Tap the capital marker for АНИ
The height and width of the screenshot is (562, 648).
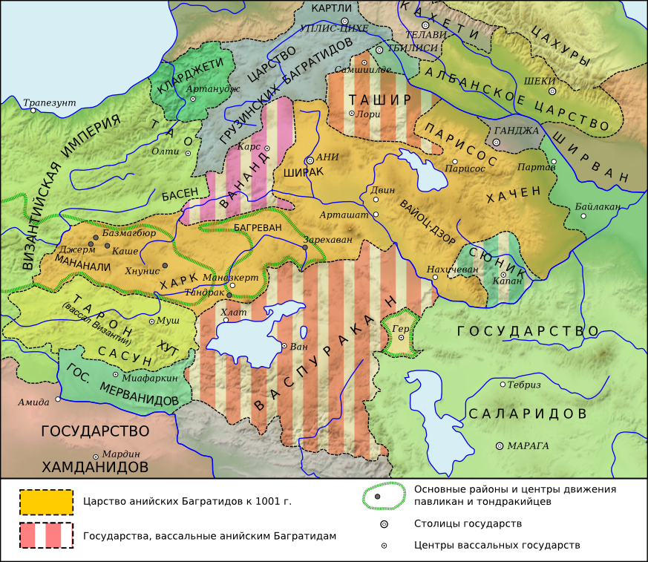(310, 160)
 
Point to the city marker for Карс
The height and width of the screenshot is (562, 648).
(266, 148)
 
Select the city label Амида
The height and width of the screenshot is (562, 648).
(33, 402)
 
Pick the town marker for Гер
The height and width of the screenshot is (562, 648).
(401, 337)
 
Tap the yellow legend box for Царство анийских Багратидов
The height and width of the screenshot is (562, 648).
(46, 502)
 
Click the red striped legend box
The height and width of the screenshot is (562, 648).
(46, 535)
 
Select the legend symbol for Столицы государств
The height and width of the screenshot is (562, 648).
(384, 523)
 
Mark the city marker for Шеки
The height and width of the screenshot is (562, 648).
(552, 91)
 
